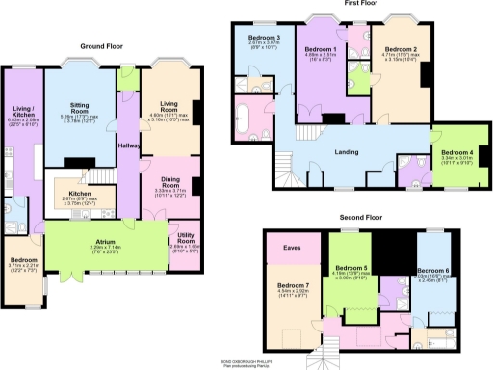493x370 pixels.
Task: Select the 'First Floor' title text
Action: pos(359,4)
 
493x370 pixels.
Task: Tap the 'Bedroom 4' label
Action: pos(458,154)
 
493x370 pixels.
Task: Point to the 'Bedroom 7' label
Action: pos(293,286)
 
